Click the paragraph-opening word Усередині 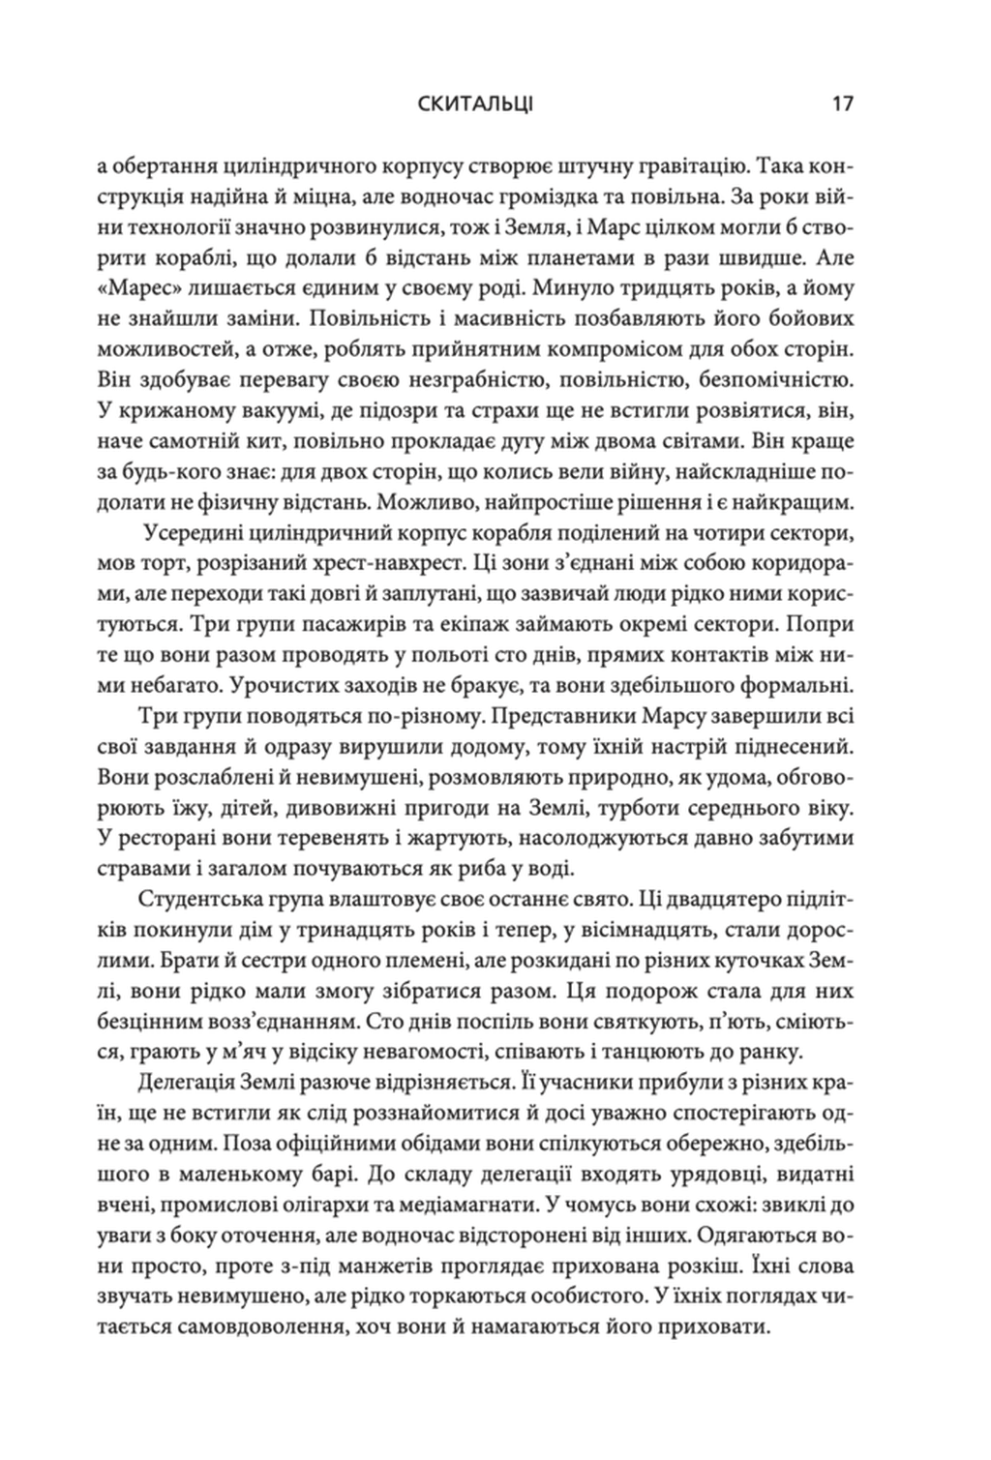coord(200,533)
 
